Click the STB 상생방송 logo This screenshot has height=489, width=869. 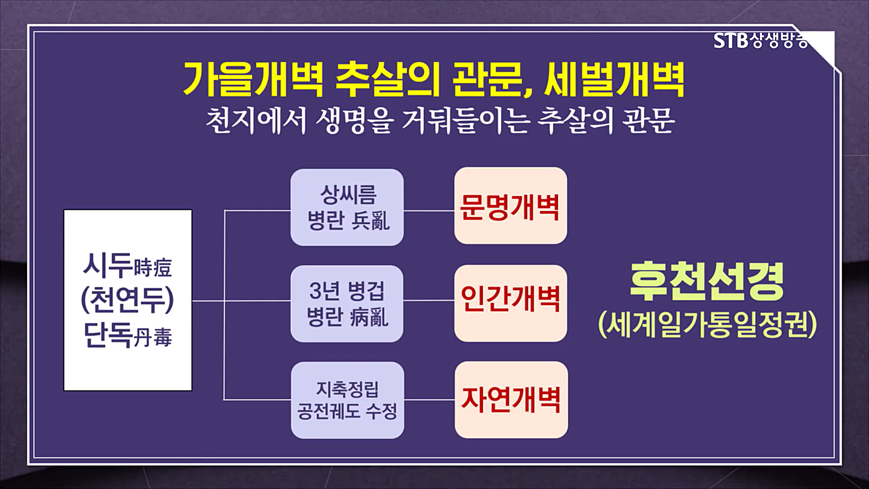coord(760,41)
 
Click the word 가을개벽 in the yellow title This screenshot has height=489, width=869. coord(253,80)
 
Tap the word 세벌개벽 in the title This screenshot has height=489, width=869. coord(614,80)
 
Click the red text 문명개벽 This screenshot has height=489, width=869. coord(510,207)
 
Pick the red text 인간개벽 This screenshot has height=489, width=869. coord(510,299)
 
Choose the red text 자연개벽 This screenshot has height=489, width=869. coord(510,399)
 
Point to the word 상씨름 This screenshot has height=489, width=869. coord(348,195)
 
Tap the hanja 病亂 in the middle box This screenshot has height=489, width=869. coord(369,317)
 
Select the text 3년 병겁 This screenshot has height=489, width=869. coord(347,291)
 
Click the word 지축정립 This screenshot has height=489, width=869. coord(347,389)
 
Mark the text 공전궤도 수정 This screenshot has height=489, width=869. coord(347,412)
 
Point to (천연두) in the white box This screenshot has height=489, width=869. coord(127,300)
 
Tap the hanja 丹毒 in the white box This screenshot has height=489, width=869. coord(153,338)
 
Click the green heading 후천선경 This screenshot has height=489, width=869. coord(707,281)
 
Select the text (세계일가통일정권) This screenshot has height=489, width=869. coord(707,325)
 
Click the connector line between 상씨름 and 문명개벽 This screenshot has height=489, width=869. coord(429,211)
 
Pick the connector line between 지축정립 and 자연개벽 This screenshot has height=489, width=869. coord(429,400)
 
